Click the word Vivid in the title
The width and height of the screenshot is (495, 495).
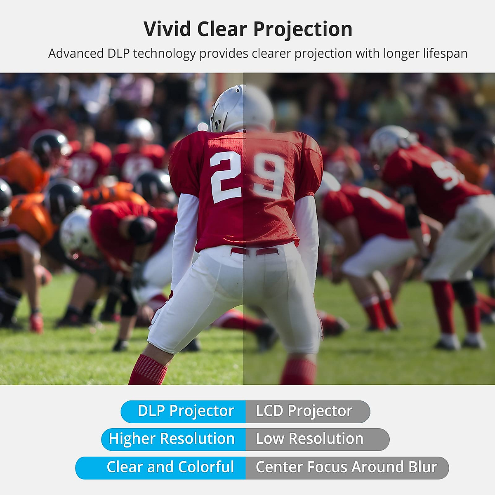167,29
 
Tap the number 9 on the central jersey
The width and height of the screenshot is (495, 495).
269,176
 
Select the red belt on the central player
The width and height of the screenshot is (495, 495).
255,251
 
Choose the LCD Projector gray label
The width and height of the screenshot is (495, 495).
308,412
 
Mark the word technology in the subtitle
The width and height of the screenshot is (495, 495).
165,54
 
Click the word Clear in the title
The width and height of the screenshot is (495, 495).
222,29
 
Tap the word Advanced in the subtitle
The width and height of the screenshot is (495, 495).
76,54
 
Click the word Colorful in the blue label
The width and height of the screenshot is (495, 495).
206,467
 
